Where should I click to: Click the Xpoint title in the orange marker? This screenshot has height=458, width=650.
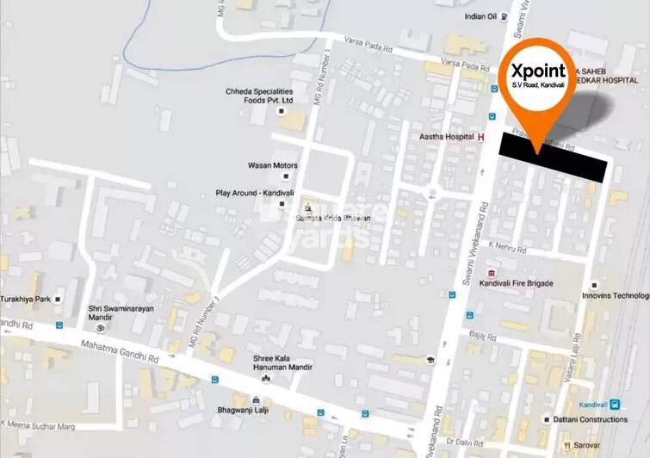coord(540,71)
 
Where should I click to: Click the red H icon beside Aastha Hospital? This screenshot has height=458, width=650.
coord(482,137)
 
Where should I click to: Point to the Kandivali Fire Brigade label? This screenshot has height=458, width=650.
coord(516,283)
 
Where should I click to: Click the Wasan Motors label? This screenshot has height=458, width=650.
coord(272,165)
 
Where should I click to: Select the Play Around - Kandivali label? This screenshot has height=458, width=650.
coord(255,193)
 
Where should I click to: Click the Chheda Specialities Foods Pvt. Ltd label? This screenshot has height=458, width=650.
coord(260,96)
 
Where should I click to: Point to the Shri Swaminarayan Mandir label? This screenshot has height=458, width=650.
coord(123,313)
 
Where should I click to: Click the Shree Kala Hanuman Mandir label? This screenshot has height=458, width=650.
coord(282,362)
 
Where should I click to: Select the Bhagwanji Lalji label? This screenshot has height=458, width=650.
coord(256,412)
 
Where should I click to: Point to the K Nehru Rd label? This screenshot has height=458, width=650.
coord(505,245)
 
